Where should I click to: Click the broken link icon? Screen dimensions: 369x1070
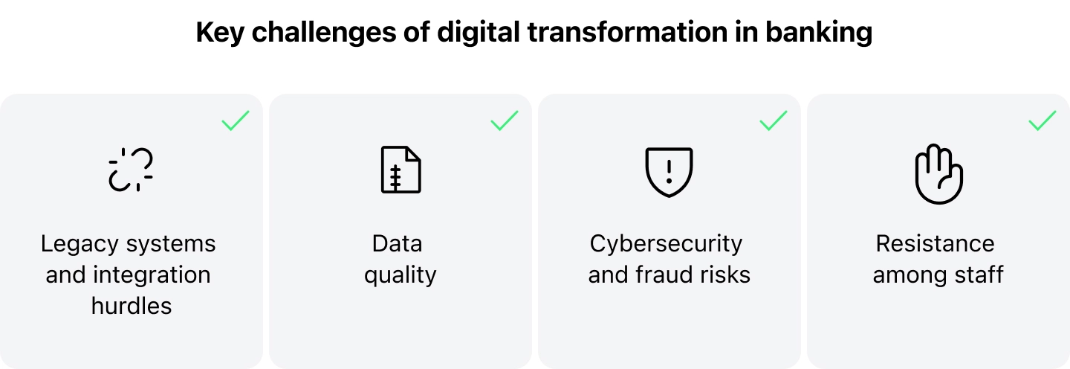click(x=131, y=170)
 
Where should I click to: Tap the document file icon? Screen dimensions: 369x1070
click(x=401, y=170)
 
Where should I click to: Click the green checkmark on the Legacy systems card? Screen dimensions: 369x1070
click(x=236, y=121)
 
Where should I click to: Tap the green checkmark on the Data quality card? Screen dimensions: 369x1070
click(x=505, y=121)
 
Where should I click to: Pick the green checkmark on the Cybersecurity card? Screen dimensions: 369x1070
click(x=774, y=121)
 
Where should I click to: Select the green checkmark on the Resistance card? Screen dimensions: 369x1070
click(x=1043, y=121)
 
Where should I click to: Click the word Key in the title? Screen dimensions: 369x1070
click(x=218, y=33)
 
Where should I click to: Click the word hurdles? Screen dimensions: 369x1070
click(x=132, y=306)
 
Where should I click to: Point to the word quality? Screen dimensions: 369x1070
click(x=400, y=275)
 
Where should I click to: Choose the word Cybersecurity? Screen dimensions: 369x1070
click(x=666, y=244)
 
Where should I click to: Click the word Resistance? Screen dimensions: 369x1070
click(x=935, y=244)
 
